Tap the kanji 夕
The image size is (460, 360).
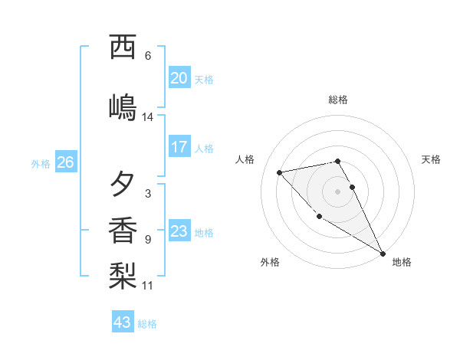click(123, 184)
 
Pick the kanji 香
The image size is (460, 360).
click(123, 230)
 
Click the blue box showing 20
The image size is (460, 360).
click(179, 77)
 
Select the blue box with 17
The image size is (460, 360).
click(179, 147)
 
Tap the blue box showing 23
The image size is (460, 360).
click(179, 231)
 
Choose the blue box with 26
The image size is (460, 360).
click(65, 162)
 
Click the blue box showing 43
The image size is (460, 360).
click(123, 322)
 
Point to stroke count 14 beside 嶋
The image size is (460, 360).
click(148, 117)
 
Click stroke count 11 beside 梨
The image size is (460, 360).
click(148, 286)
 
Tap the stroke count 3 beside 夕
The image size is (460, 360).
click(147, 194)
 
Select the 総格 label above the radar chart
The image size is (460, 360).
click(338, 100)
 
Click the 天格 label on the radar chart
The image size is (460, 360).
click(431, 159)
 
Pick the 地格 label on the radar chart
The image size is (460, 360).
click(402, 262)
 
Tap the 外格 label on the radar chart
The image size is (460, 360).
click(270, 262)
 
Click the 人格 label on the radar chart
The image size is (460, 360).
click(245, 159)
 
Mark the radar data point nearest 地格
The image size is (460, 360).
click(383, 254)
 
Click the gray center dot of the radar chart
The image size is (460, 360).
click(338, 191)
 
